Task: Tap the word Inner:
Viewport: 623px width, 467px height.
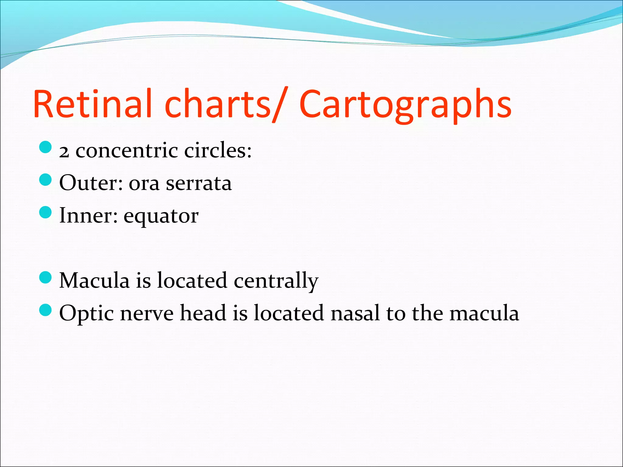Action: tap(89, 216)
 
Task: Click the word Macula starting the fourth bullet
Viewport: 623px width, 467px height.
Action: tap(94, 280)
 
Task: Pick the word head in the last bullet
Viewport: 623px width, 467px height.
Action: tap(203, 313)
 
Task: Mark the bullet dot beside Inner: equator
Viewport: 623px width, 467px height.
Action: tap(46, 212)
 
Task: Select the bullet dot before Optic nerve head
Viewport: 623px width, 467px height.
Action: tap(46, 310)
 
